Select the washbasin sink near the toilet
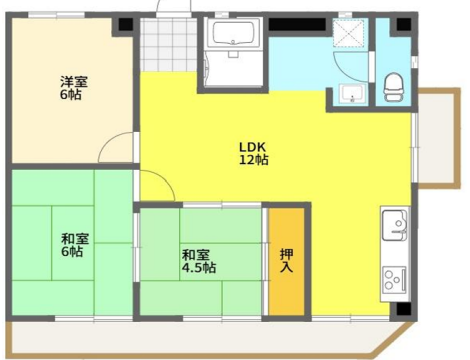350,95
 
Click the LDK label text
252,144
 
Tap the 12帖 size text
252,159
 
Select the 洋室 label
70,82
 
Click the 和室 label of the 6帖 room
73,238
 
